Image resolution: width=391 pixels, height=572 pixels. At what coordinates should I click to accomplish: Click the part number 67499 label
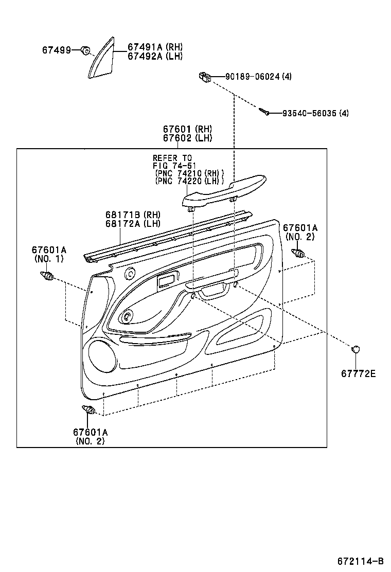pos(57,50)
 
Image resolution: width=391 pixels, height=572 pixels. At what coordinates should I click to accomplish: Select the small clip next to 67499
pos(86,50)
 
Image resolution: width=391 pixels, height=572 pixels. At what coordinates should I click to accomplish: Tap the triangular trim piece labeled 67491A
pos(101,58)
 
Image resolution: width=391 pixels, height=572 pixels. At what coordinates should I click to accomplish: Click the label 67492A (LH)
pos(155,56)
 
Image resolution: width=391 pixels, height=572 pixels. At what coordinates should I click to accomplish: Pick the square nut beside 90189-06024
pos(205,77)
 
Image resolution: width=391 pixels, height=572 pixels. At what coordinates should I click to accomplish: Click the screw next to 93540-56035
pos(264,111)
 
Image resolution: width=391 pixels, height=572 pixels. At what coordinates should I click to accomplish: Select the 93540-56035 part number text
pos(309,113)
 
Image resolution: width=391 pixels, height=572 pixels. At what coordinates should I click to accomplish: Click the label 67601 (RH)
pos(187,129)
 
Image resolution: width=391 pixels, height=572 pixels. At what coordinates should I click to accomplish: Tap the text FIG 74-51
pos(174,166)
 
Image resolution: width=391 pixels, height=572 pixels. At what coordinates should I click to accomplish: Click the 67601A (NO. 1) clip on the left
pos(47,276)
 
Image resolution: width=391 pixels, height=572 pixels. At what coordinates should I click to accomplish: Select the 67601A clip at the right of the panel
pos(298,253)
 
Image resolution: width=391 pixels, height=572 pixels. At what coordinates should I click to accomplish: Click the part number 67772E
pos(358,373)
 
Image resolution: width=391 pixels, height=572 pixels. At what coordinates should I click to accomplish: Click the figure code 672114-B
pos(360,561)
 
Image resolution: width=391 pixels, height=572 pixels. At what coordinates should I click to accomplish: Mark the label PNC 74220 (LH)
pos(189,181)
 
